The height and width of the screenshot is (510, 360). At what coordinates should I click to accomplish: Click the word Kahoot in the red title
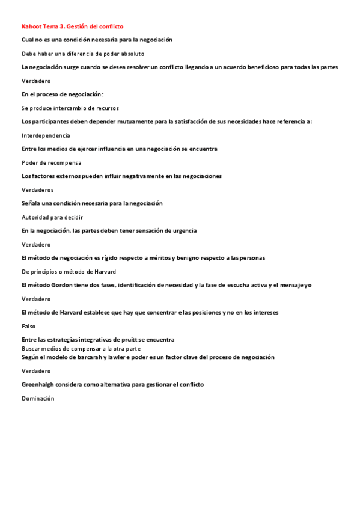(x=31, y=26)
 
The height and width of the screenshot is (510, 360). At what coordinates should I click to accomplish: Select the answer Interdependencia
(x=46, y=135)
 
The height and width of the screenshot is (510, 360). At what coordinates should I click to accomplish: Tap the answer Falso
(x=29, y=325)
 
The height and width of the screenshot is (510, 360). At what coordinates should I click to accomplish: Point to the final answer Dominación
(x=38, y=398)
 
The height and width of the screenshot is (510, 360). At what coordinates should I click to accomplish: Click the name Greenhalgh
(x=41, y=384)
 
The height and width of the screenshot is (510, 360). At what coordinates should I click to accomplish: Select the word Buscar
(x=32, y=348)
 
